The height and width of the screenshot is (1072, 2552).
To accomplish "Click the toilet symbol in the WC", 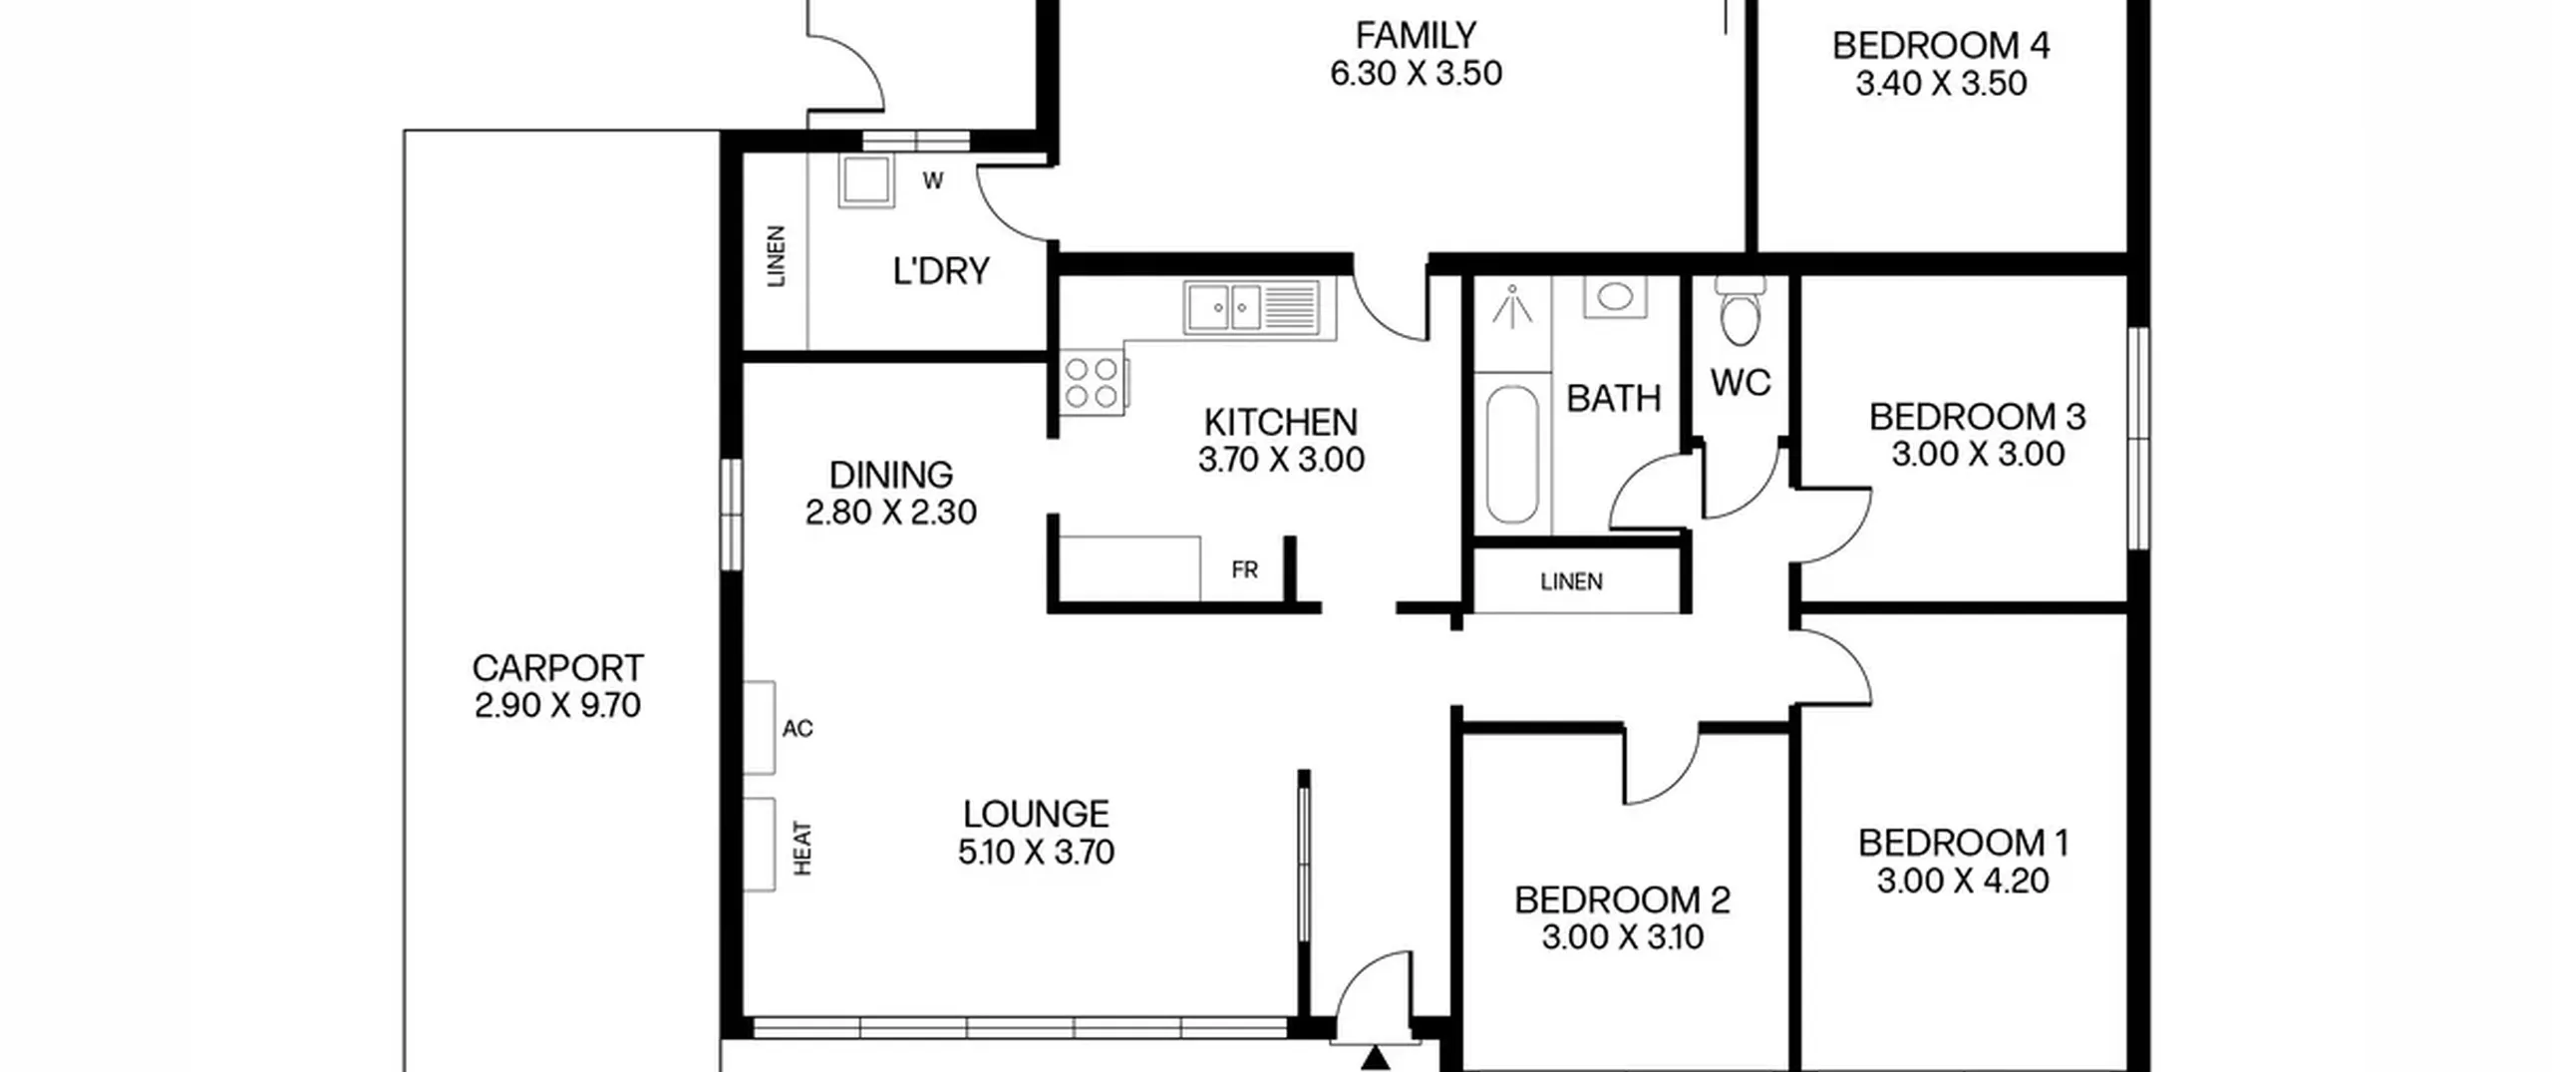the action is pyautogui.click(x=1741, y=310).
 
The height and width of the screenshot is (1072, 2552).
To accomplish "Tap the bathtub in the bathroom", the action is pyautogui.click(x=1512, y=455).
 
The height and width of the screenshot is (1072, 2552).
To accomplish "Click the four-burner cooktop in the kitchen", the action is pyautogui.click(x=1092, y=383).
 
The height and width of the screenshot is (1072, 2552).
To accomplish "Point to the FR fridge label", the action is pyautogui.click(x=1244, y=569).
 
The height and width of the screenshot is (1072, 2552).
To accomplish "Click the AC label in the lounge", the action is pyautogui.click(x=797, y=729).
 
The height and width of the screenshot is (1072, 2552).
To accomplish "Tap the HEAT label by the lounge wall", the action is pyautogui.click(x=802, y=849).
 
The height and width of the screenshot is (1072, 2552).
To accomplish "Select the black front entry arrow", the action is pyautogui.click(x=1375, y=1058).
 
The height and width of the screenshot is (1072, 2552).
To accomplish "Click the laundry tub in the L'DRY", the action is pyautogui.click(x=866, y=180).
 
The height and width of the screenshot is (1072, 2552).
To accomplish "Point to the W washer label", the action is pyautogui.click(x=933, y=180).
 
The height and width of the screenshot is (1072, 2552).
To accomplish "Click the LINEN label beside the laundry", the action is pyautogui.click(x=776, y=256).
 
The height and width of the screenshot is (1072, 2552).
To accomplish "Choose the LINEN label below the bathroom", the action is pyautogui.click(x=1571, y=581).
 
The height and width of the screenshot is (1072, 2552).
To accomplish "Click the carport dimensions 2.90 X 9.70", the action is pyautogui.click(x=557, y=705).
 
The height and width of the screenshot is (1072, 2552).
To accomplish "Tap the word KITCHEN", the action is pyautogui.click(x=1281, y=422).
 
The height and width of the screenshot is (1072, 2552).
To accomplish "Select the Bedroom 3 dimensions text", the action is pyautogui.click(x=1978, y=454).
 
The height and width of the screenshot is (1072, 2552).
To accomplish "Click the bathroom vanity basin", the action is pyautogui.click(x=1615, y=296).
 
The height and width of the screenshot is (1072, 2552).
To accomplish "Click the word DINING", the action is pyautogui.click(x=891, y=474).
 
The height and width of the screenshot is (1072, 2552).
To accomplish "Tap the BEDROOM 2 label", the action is pyautogui.click(x=1622, y=899).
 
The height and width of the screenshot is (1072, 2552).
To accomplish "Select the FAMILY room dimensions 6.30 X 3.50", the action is pyautogui.click(x=1416, y=73).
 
